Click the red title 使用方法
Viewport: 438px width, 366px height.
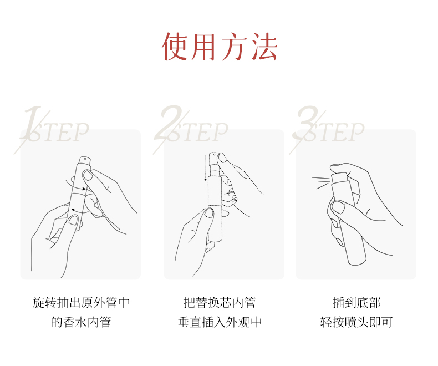pyautogui.click(x=220, y=47)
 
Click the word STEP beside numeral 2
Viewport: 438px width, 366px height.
pyautogui.click(x=202, y=133)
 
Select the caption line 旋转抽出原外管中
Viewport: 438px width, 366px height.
pyautogui.click(x=81, y=302)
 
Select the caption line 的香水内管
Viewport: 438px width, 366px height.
pyautogui.click(x=81, y=322)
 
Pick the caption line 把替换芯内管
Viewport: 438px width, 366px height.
pyautogui.click(x=219, y=302)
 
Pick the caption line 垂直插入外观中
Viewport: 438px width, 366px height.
pyautogui.click(x=219, y=322)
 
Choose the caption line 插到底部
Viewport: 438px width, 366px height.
pyautogui.click(x=356, y=302)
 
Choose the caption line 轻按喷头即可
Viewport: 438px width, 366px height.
pyautogui.click(x=356, y=322)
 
